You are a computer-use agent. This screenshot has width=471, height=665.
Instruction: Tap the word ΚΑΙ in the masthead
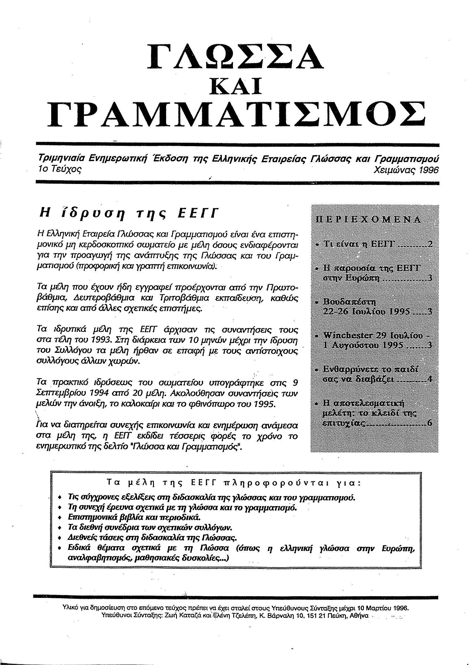point(235,86)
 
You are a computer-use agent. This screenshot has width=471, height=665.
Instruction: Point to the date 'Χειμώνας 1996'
point(406,171)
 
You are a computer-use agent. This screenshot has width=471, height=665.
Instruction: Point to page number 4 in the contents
point(430,379)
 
